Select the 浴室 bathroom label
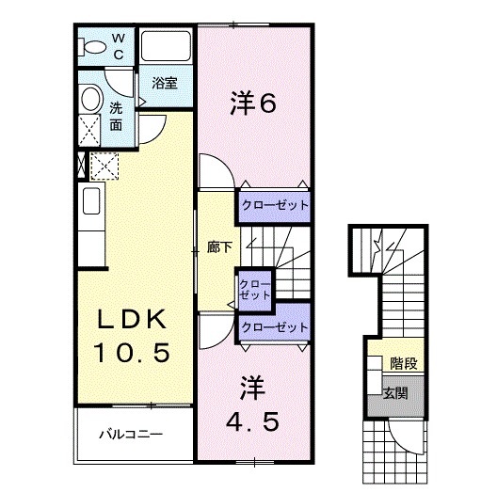coord(165,83)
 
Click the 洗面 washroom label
coord(115,115)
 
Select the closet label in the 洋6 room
coord(273,204)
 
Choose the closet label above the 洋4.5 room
coord(275,326)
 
